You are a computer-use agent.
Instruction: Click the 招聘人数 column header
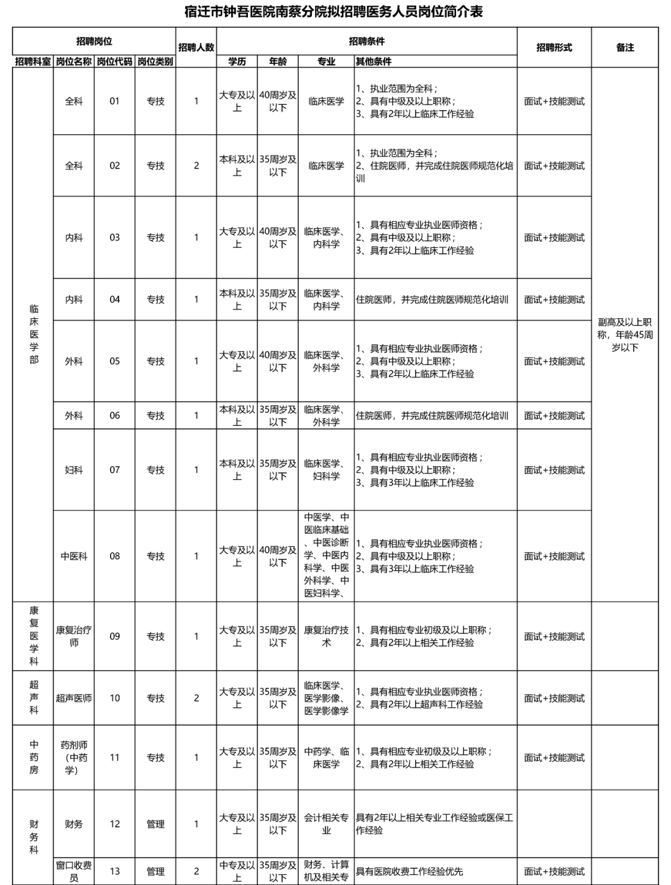pos(196,47)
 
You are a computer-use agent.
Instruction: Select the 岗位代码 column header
pos(114,62)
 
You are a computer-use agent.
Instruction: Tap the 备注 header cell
pos(625,47)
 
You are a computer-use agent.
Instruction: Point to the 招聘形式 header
pos(554,47)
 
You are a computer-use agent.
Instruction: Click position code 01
pos(114,101)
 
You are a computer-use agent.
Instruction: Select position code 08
pos(114,556)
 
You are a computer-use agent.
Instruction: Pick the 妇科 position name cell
pos(74,470)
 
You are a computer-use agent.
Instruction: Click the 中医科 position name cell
pos(74,556)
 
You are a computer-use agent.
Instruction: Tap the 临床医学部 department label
pos(34,334)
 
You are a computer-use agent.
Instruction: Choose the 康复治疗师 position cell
pos(74,636)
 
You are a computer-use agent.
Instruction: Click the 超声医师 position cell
pos(74,698)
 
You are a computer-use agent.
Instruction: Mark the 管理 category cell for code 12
pos(155,824)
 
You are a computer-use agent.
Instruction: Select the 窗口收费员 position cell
pos(74,871)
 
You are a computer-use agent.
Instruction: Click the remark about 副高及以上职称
pos(625,335)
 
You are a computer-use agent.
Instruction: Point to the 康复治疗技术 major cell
pos(326,636)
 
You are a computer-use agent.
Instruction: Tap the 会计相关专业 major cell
pos(326,824)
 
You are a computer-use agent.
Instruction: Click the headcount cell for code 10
pos(196,698)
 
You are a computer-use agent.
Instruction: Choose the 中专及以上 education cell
pos(237,871)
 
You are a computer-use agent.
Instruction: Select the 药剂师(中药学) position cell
pos(74,758)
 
